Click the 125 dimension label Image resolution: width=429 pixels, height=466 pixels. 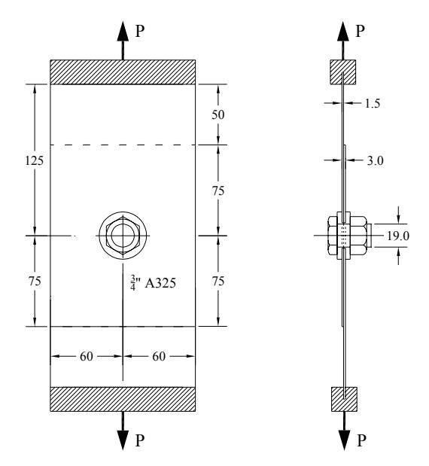coord(35,161)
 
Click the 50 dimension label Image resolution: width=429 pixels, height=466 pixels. coord(218,114)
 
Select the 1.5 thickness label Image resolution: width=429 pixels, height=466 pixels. coord(373,103)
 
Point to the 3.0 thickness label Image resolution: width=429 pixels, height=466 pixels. coord(376,161)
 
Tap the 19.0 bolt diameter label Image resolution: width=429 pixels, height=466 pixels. coord(398,236)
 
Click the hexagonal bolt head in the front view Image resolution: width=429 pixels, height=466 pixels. coord(123,236)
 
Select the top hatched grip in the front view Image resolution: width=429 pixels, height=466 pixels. coord(123,72)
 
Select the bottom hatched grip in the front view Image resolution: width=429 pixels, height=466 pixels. coord(123,399)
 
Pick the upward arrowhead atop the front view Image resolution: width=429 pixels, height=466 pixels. coord(123,31)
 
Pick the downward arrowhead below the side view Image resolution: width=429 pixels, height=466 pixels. coord(345,440)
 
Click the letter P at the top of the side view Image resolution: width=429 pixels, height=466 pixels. coord(360,31)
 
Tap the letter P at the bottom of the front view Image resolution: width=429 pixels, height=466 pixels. coord(140,440)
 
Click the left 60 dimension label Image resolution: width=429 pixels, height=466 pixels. coord(87,356)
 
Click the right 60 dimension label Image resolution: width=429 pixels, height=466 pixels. coord(159,356)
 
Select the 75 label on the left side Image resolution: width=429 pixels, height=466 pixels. coord(35,281)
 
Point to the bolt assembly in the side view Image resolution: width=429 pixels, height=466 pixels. coord(348,236)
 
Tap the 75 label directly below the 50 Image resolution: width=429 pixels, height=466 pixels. coord(218,190)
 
